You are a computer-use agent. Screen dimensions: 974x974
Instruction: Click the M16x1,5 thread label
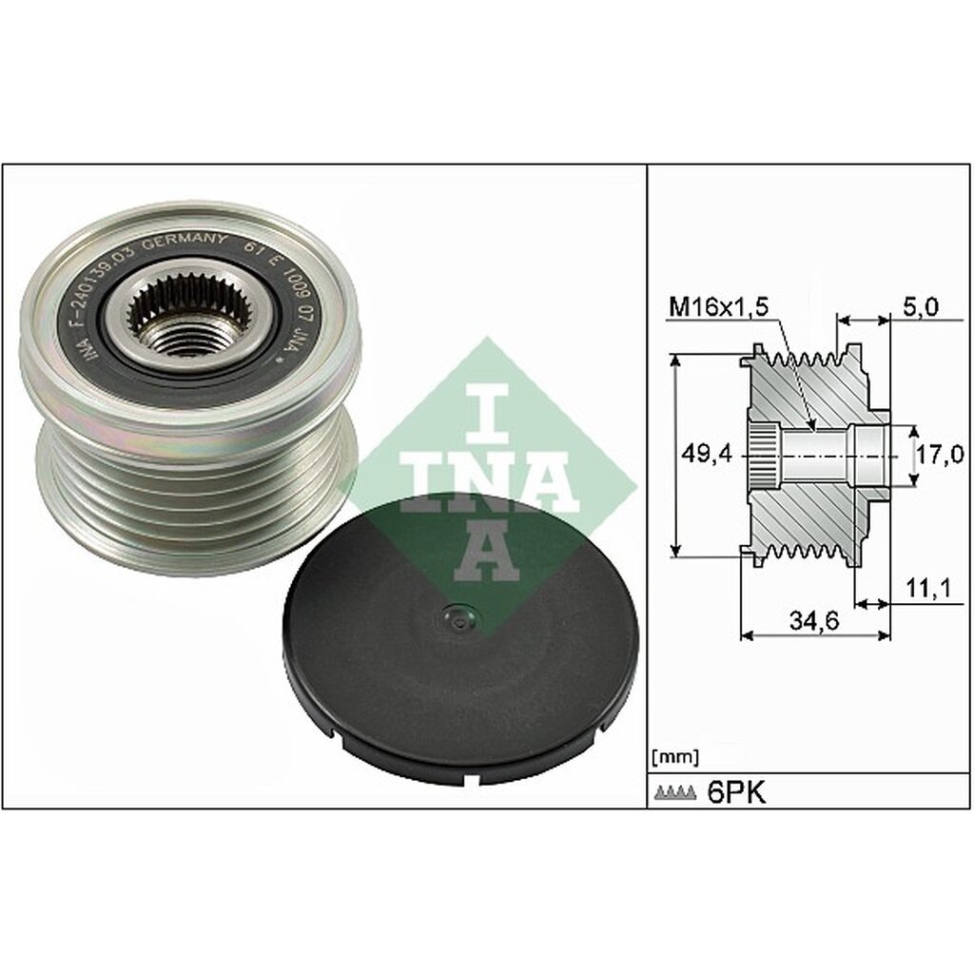(719, 306)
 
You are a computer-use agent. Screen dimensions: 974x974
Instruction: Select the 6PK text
(736, 792)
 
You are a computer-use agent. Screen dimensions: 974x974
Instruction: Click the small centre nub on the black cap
(460, 619)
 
